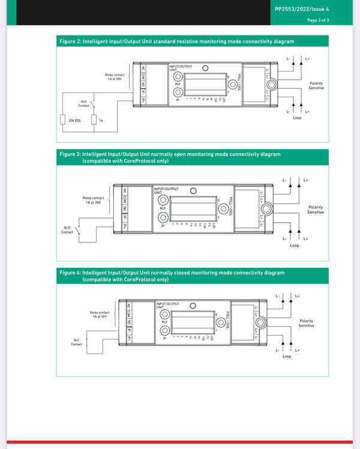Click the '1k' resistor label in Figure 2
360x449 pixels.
point(101,121)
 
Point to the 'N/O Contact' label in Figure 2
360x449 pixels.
point(84,104)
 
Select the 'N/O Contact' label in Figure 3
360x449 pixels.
point(67,230)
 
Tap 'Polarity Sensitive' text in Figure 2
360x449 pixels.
point(316,85)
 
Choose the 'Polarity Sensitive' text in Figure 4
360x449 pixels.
point(306,323)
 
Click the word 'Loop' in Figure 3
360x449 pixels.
point(294,246)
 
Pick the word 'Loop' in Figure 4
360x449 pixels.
point(287,357)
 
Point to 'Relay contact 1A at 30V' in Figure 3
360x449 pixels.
point(94,200)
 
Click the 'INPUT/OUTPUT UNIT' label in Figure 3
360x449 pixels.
point(166,190)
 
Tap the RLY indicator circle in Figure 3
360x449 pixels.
point(163,201)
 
